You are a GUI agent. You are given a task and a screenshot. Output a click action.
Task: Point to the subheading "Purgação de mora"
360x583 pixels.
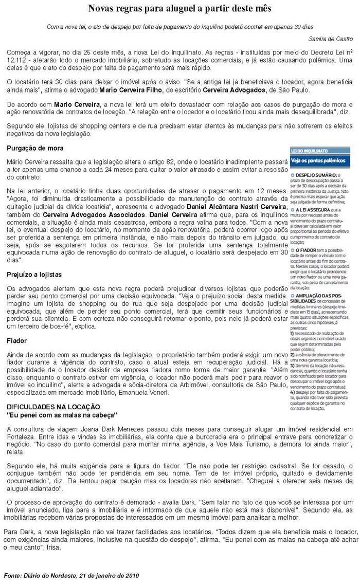click(35, 148)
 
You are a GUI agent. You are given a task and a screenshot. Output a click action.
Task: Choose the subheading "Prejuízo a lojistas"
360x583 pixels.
click(34, 275)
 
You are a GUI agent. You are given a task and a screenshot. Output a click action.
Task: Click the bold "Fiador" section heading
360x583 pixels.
click(17, 341)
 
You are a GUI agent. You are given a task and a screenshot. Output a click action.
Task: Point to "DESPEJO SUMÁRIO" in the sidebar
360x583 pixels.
click(319, 175)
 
